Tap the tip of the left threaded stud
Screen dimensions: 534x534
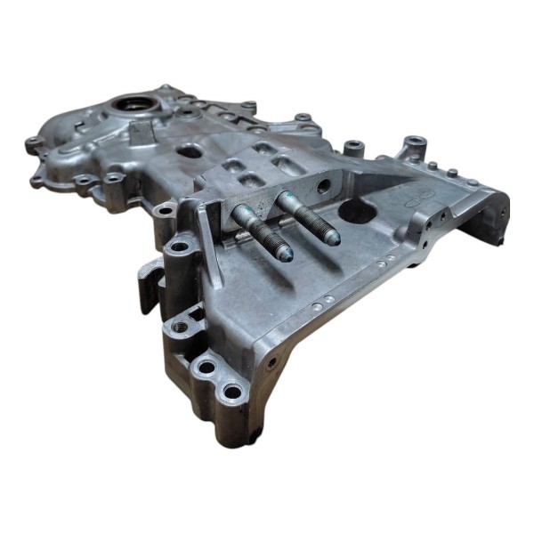(285, 254)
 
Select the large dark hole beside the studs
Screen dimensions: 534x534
(360, 211)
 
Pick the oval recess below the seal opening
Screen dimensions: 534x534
(190, 151)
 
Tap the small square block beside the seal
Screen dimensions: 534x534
(142, 133)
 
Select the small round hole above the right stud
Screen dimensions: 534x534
(322, 187)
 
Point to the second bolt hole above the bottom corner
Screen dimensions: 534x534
(206, 366)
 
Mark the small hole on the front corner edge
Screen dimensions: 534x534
(271, 363)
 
